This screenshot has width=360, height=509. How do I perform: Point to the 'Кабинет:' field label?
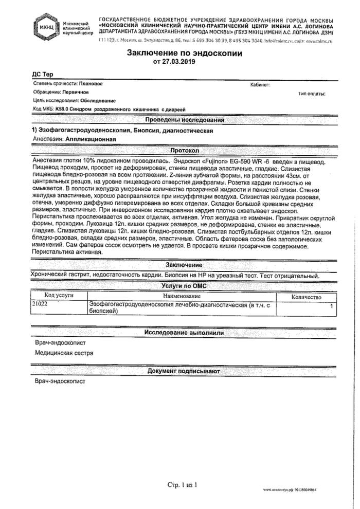point(260,84)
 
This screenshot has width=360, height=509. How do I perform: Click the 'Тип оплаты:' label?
point(312,94)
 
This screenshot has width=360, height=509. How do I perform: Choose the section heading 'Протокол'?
point(185,150)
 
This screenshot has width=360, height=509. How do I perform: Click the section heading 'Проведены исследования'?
point(185,120)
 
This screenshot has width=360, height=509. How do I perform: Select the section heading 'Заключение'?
point(184,264)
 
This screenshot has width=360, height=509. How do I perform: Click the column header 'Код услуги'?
point(59,297)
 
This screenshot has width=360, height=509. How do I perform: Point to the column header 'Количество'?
point(307,297)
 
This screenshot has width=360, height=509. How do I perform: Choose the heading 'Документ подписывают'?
point(184,371)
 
